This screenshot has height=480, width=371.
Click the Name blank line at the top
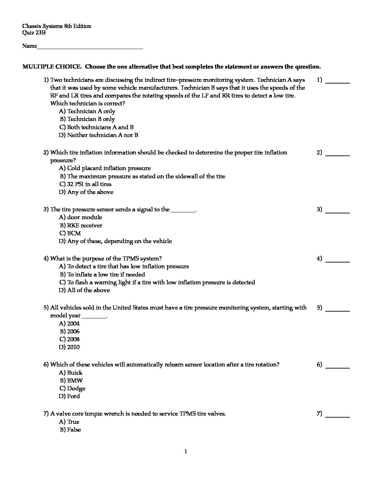click(x=90, y=47)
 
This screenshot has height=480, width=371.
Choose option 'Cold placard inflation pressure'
click(x=108, y=168)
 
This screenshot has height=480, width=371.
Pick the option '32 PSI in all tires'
click(x=89, y=184)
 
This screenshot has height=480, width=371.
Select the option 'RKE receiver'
click(x=84, y=225)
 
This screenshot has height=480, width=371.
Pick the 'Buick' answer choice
click(x=74, y=373)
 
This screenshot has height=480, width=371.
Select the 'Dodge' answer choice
click(x=76, y=388)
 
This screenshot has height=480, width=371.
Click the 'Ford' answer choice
click(x=73, y=396)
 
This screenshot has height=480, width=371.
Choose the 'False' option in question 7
click(x=74, y=430)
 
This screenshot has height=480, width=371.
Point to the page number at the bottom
click(x=185, y=452)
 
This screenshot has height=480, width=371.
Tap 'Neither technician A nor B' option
click(x=102, y=135)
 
